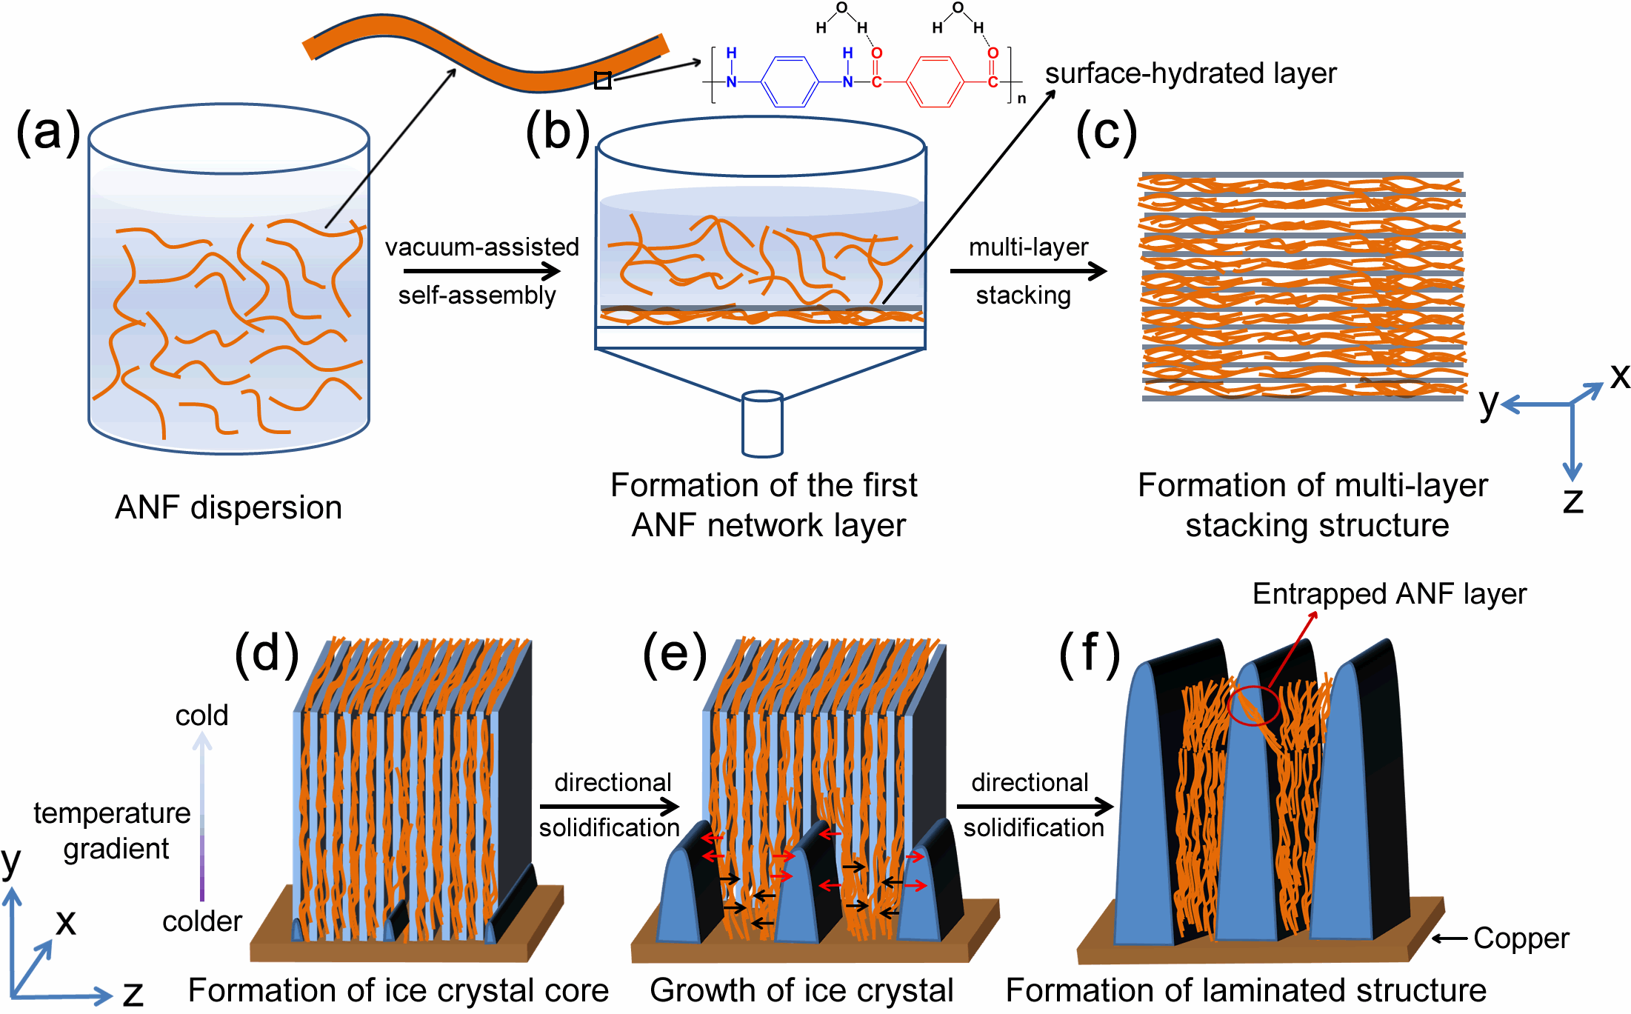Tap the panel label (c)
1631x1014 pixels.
[x=1106, y=133]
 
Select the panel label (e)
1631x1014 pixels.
[x=675, y=655]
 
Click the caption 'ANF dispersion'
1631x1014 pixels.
[x=228, y=508]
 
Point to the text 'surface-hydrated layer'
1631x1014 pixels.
[x=1190, y=73]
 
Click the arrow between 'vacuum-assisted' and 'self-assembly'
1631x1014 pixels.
[x=481, y=271]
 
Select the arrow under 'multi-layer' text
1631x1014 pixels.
[x=1028, y=271]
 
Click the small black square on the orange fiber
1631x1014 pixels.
[x=603, y=81]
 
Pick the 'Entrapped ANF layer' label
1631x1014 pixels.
[x=1389, y=594]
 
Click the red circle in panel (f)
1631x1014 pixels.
[x=1253, y=705]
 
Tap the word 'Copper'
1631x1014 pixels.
[x=1521, y=938]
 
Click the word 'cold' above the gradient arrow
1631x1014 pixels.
[x=201, y=716]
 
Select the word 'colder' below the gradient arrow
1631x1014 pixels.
[x=202, y=921]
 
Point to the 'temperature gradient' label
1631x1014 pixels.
[x=113, y=831]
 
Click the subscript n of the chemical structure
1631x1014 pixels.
[x=1021, y=99]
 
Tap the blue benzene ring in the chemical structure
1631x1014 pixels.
[x=790, y=81]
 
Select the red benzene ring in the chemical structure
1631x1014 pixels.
[x=935, y=81]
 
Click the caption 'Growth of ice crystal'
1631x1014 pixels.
[x=801, y=990]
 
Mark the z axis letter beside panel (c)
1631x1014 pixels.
[x=1572, y=501]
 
